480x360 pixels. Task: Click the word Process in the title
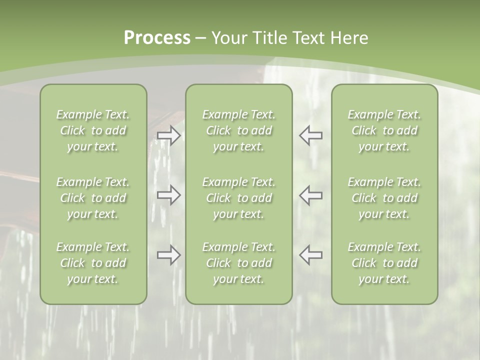pos(157,38)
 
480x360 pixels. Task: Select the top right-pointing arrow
pos(168,135)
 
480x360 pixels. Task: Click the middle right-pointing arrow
pos(168,194)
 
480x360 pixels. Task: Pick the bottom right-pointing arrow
pos(168,255)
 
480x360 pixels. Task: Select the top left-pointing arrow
pos(310,135)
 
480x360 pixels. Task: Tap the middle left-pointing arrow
pos(310,194)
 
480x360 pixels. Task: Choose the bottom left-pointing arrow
pos(310,255)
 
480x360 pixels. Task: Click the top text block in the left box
pos(93,130)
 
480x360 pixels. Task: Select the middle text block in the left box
pos(93,198)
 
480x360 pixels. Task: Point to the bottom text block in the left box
pos(93,263)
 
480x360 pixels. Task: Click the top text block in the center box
pos(238,130)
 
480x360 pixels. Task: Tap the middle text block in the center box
pos(238,198)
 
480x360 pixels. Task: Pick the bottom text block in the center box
pos(238,263)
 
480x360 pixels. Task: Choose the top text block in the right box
pos(384,130)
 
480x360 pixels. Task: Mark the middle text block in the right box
pos(384,198)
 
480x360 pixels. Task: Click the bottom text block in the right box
pos(384,263)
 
